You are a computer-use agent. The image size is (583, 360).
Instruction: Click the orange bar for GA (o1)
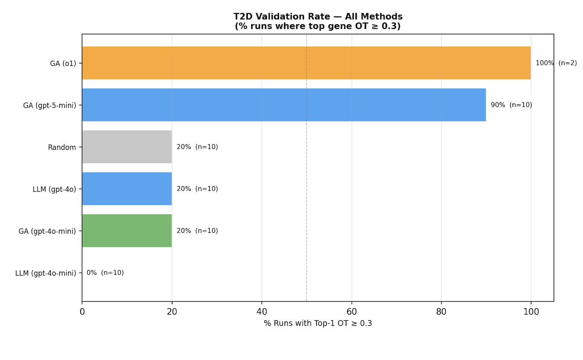click(x=306, y=63)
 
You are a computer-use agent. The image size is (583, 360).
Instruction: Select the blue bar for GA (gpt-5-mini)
click(x=284, y=105)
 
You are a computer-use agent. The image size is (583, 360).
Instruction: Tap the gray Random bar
click(x=127, y=147)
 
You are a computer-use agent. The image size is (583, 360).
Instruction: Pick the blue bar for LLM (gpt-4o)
click(x=127, y=189)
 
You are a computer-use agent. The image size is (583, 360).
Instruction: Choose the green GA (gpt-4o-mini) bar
click(x=127, y=231)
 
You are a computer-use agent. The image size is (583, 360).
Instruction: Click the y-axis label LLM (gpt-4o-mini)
click(x=45, y=273)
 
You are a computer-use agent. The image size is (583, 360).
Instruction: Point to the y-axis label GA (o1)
click(x=63, y=63)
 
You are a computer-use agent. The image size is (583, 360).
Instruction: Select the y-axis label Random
click(x=62, y=147)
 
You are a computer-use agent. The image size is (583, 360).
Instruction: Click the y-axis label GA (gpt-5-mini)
click(x=49, y=105)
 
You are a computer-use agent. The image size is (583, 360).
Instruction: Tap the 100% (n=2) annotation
click(x=556, y=63)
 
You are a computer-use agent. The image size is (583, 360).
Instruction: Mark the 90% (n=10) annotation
click(x=511, y=105)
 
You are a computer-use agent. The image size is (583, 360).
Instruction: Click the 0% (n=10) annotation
click(x=105, y=273)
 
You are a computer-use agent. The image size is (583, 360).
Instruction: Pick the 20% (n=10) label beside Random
click(x=197, y=147)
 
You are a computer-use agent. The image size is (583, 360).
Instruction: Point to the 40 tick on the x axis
click(x=262, y=312)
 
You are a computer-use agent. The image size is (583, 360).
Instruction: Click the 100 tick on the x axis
click(x=531, y=312)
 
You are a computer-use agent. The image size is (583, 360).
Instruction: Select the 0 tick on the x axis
click(x=82, y=312)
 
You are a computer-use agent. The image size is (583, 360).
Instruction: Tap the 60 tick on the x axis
click(x=352, y=312)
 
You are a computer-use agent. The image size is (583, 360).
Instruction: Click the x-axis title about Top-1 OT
click(x=318, y=324)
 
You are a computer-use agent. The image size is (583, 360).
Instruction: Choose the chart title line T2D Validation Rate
click(x=318, y=17)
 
